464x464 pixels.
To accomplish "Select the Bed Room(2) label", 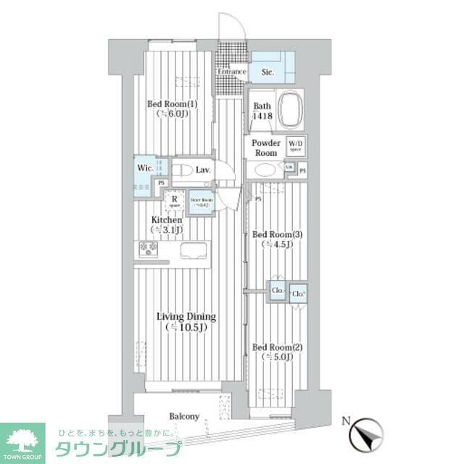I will click(x=277, y=352).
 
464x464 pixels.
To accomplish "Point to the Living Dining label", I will click(x=186, y=322).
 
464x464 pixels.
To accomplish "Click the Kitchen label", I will click(x=166, y=224).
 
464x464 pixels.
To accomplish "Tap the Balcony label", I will click(x=184, y=416).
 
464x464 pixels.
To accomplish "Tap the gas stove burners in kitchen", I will click(x=149, y=249).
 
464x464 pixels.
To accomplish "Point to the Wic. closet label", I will click(x=144, y=167).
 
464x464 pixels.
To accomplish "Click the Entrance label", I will click(x=232, y=72).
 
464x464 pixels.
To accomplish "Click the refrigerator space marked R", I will click(x=175, y=199).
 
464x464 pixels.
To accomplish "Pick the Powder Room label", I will click(x=266, y=148).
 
